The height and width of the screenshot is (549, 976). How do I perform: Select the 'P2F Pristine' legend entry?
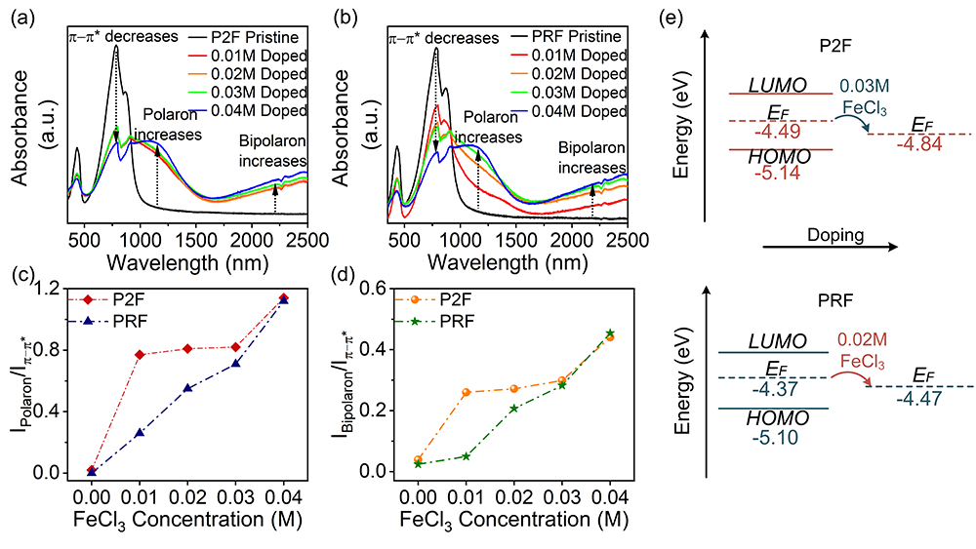point(264,37)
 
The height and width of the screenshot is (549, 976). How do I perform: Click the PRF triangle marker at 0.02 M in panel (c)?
point(187,388)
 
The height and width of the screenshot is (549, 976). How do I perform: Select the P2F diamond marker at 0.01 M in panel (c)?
point(140,354)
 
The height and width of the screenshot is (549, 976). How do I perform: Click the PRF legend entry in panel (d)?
point(453,320)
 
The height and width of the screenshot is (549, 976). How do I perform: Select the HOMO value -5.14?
point(778,173)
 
